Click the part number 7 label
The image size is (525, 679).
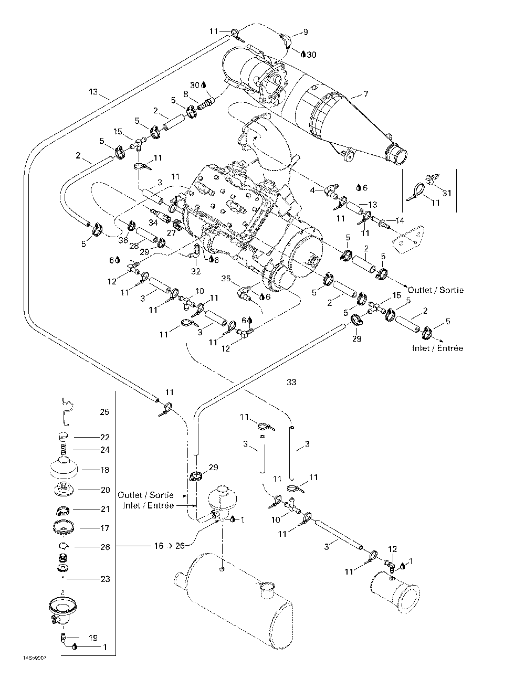(x=365, y=94)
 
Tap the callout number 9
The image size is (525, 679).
(x=306, y=32)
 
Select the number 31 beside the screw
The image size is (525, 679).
(x=447, y=193)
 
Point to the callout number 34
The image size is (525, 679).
(x=153, y=222)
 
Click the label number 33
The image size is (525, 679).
(x=291, y=382)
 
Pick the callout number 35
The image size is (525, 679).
(x=226, y=278)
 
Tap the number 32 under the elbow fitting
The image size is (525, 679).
(x=196, y=271)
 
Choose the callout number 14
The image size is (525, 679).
(x=400, y=220)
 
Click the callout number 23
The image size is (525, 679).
(x=105, y=579)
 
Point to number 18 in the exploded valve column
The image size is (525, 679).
(x=104, y=470)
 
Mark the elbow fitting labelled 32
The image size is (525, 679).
(x=196, y=251)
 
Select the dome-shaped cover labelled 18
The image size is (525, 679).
(x=64, y=468)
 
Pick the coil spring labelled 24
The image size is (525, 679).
(x=63, y=450)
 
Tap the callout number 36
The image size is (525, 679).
(x=123, y=240)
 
